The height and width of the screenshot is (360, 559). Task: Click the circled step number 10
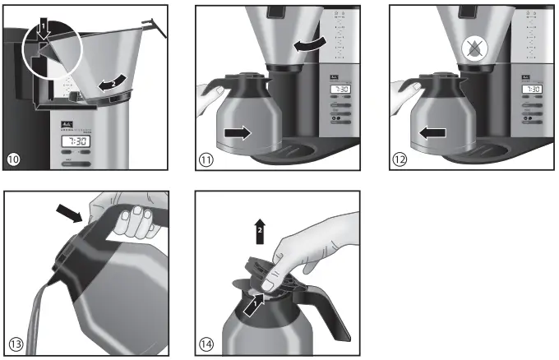(15, 159)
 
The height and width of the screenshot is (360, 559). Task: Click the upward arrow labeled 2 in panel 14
(260, 228)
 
